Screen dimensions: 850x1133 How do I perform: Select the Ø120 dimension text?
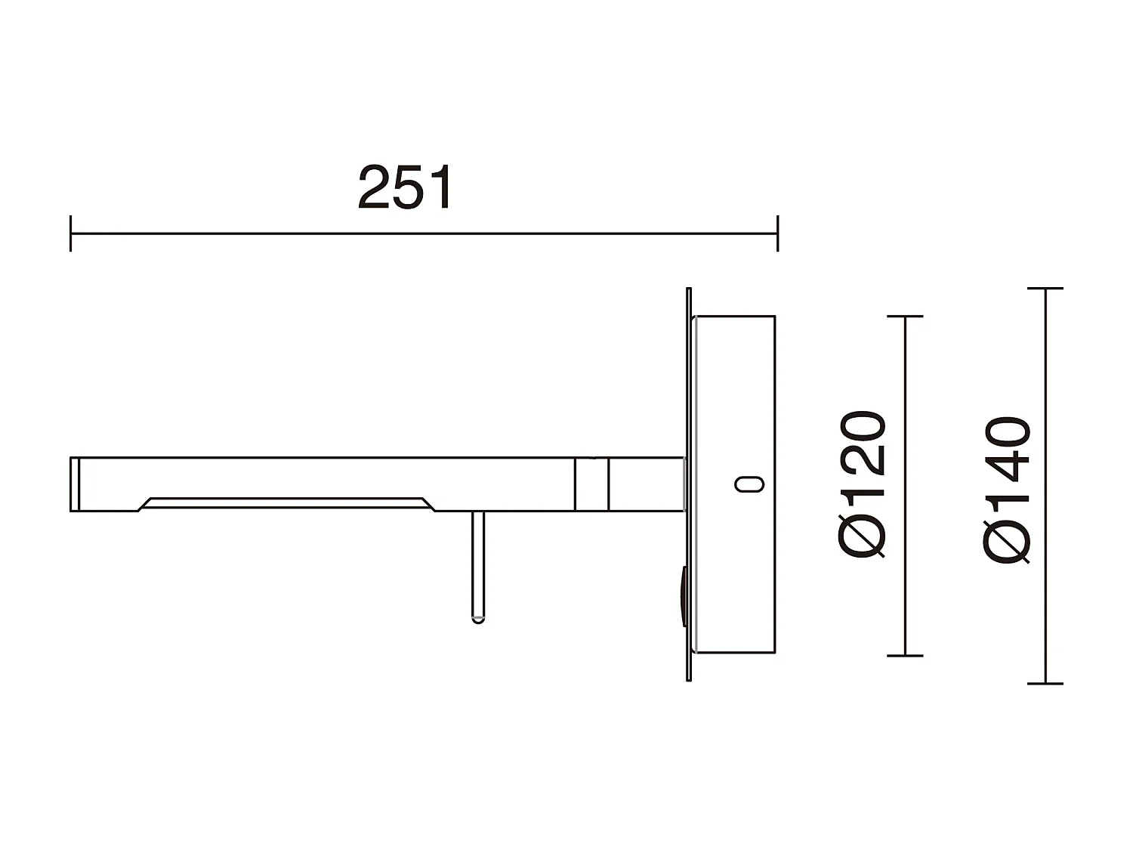tap(861, 484)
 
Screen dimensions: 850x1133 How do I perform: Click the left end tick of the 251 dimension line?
tap(70, 233)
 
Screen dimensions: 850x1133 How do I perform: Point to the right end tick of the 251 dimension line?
tap(777, 233)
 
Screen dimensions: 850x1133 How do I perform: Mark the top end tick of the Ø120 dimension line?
tap(905, 317)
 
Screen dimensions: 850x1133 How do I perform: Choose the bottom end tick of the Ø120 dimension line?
tap(905, 655)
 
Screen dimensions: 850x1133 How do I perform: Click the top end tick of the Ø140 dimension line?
tap(1045, 289)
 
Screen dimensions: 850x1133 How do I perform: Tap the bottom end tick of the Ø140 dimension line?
tap(1045, 683)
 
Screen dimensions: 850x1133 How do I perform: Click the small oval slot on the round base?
tap(749, 484)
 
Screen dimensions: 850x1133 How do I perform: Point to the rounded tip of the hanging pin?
tap(477, 619)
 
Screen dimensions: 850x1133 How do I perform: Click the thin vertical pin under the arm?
tap(477, 563)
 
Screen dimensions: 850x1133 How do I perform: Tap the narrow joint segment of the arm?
tap(591, 484)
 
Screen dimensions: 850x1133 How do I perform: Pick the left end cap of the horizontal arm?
tap(75, 484)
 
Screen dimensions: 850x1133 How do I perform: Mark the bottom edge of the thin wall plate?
tap(688, 678)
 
